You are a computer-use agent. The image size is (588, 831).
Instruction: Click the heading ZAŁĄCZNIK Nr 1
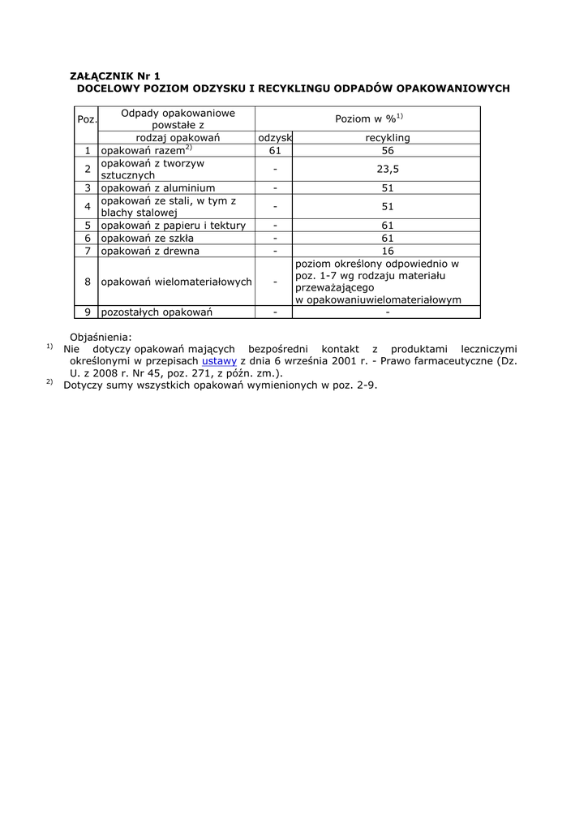(x=115, y=75)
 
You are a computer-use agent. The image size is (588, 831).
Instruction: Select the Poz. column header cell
(x=87, y=119)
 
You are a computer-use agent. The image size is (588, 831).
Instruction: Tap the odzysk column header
(x=275, y=138)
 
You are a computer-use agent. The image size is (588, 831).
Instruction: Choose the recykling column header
(x=387, y=138)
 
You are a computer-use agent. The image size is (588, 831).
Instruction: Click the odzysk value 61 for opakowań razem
(x=275, y=150)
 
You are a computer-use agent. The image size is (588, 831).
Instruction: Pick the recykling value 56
(x=387, y=150)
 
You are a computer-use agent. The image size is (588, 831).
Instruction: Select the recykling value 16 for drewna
(x=387, y=251)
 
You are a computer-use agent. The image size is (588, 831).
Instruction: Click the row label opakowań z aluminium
(x=157, y=187)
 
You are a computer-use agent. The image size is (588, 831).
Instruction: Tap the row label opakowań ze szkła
(x=147, y=238)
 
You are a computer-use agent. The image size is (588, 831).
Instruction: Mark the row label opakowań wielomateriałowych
(x=176, y=282)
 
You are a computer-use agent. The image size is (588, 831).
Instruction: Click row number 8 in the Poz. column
(x=87, y=282)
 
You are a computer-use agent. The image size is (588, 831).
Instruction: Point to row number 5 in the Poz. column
(x=87, y=225)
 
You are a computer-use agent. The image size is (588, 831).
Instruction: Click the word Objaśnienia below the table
(x=101, y=337)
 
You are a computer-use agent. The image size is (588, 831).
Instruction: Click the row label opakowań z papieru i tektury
(x=173, y=225)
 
